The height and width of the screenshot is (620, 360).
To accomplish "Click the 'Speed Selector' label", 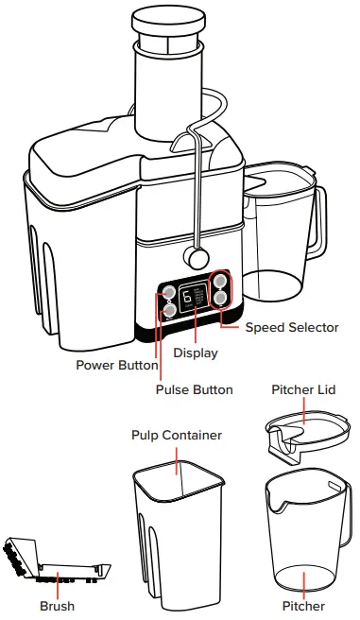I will [291, 328].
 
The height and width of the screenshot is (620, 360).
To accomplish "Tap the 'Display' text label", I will [195, 353].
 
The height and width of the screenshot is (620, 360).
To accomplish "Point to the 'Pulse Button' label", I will [193, 389].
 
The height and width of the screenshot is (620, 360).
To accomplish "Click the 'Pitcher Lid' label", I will [303, 389].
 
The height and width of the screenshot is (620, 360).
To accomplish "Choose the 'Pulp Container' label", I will [177, 435].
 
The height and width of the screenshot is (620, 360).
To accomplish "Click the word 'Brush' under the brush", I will [57, 606].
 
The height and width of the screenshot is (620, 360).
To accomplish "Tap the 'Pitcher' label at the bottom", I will [303, 606].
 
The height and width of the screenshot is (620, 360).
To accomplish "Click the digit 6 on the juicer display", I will [187, 297].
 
